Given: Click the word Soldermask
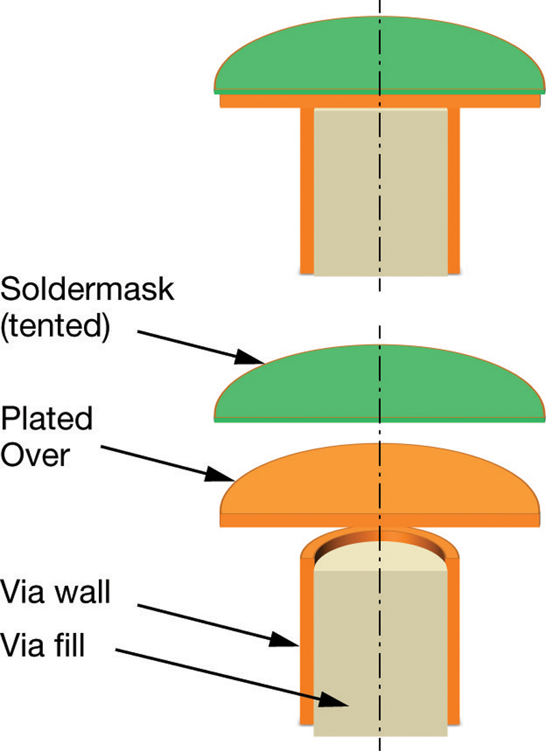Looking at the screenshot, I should pyautogui.click(x=88, y=291).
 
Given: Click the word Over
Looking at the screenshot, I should pyautogui.click(x=35, y=454).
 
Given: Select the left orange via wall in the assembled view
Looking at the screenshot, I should pyautogui.click(x=307, y=191).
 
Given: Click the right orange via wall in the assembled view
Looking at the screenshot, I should pyautogui.click(x=454, y=191).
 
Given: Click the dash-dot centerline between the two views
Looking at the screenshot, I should pyautogui.click(x=380, y=307).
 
